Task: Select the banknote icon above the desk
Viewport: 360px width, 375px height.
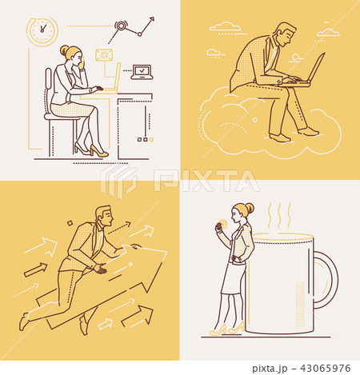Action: point(102,55)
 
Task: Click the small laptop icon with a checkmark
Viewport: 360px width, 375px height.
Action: point(142,71)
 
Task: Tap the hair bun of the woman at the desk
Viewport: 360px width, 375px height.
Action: point(64,50)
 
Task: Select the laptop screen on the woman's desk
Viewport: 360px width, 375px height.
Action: point(118,77)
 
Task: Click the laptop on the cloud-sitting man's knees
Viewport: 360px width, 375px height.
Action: point(314,70)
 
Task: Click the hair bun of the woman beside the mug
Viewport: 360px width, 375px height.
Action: point(250,208)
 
